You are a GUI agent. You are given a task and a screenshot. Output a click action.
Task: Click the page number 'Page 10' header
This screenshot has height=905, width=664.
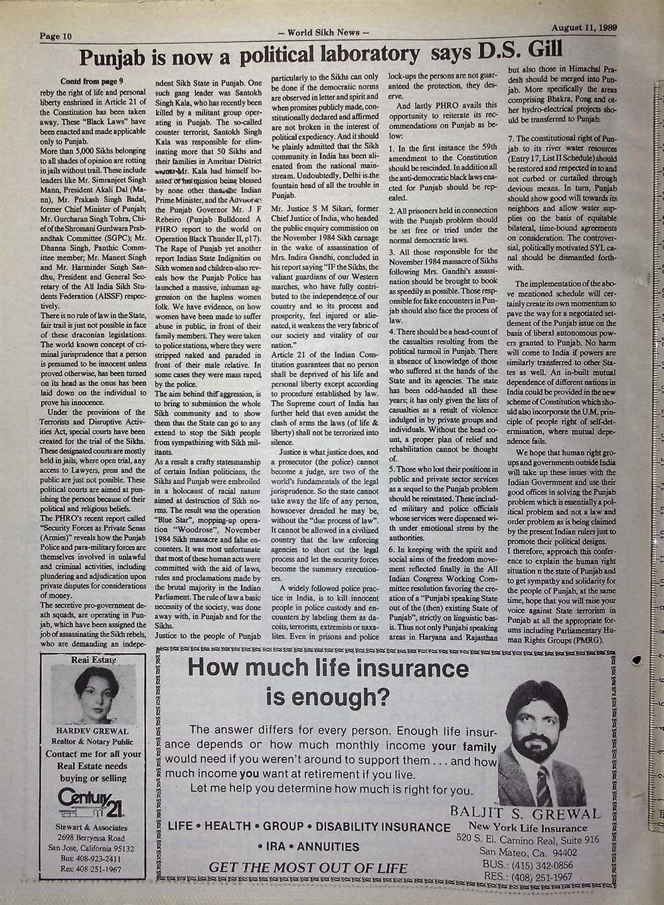tap(55, 36)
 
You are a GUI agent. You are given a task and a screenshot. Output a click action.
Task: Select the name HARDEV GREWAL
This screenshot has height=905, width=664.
tap(92, 730)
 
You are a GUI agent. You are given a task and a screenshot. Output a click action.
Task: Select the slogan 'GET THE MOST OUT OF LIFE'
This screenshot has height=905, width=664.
tap(299, 867)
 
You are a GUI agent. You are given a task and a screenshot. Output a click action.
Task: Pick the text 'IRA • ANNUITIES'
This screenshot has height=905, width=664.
tap(308, 847)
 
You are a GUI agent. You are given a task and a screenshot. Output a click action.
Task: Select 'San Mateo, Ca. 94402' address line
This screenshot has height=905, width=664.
tap(528, 852)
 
